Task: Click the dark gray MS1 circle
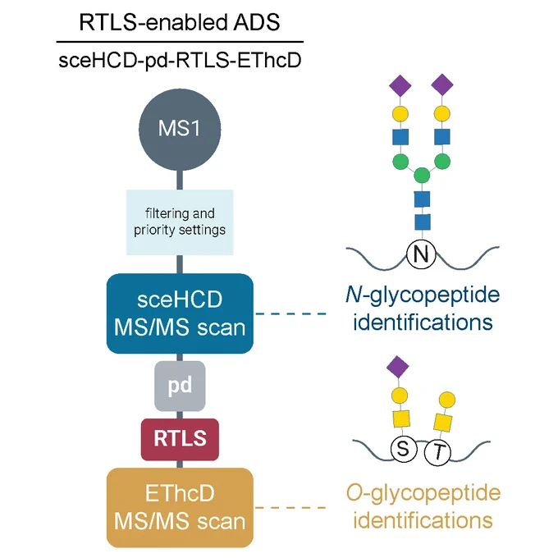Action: point(180,130)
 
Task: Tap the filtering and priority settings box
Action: point(180,222)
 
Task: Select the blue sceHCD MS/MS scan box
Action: point(180,313)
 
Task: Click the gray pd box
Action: point(180,386)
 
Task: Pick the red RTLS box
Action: point(180,440)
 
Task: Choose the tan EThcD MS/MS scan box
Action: point(180,507)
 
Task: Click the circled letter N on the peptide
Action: point(421,254)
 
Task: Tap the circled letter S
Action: point(404,449)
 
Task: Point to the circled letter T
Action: point(438,452)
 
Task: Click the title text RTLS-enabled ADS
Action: point(180,22)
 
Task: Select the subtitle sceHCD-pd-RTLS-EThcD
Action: point(180,61)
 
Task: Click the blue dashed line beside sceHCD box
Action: point(291,313)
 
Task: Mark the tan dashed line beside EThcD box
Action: point(291,507)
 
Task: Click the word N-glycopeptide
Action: point(423,295)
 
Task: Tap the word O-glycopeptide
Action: point(423,494)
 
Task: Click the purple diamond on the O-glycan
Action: point(397,367)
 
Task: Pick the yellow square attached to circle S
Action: point(401,418)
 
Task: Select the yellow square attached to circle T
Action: point(443,423)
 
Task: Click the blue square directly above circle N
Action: point(423,222)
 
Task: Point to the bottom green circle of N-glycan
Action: point(422,176)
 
